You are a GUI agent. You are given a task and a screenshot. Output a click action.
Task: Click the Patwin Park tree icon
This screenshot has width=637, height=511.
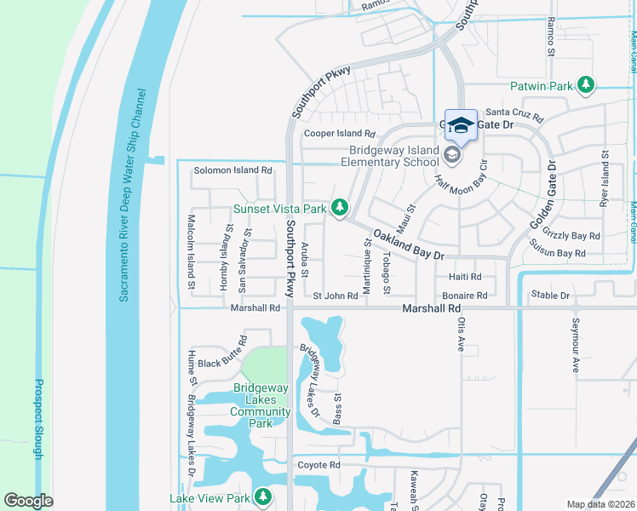pos(585,85)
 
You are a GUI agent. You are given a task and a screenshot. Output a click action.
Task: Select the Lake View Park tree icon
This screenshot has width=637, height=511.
pos(264,497)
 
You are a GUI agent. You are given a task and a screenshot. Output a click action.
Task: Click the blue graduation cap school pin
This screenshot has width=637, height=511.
pos(461,126)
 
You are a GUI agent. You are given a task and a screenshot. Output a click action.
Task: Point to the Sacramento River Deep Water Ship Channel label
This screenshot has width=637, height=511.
pos(133,195)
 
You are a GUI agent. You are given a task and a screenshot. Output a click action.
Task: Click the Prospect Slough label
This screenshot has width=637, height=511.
pos(38,419)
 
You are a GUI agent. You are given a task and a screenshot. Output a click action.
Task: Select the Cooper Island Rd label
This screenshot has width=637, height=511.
pos(340,135)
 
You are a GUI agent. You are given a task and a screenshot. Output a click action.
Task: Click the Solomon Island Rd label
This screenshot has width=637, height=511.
pos(232,170)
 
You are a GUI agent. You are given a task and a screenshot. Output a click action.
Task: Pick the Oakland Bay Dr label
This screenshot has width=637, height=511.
pos(409,244)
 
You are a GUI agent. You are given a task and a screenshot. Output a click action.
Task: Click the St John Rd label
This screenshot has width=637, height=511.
pos(335,296)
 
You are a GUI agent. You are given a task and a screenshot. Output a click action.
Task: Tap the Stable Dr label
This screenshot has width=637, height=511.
pos(549,296)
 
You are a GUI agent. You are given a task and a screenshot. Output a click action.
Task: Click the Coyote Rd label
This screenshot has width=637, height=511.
pos(318,465)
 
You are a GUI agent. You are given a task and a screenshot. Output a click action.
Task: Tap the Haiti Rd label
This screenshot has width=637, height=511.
pos(465,277)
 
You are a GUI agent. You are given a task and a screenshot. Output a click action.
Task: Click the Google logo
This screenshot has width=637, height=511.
pos(28,501)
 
